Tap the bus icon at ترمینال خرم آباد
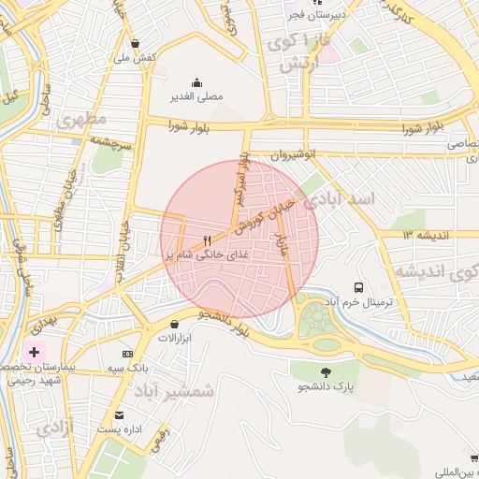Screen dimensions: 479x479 (x=358, y=287)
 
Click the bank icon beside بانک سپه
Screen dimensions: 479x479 (x=128, y=355)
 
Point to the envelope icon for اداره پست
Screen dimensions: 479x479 (x=119, y=414)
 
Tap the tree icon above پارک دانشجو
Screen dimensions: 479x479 (x=326, y=372)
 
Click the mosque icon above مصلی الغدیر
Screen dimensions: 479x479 (x=196, y=82)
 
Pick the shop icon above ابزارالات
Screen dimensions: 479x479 (x=175, y=324)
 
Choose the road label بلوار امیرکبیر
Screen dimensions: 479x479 (x=240, y=182)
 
